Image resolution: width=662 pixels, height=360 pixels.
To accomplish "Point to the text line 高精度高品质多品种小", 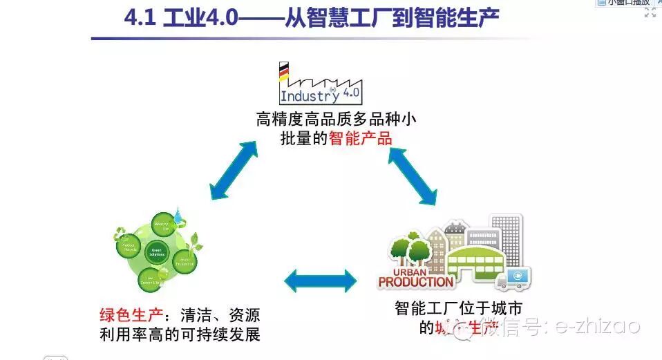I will (x=336, y=119).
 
